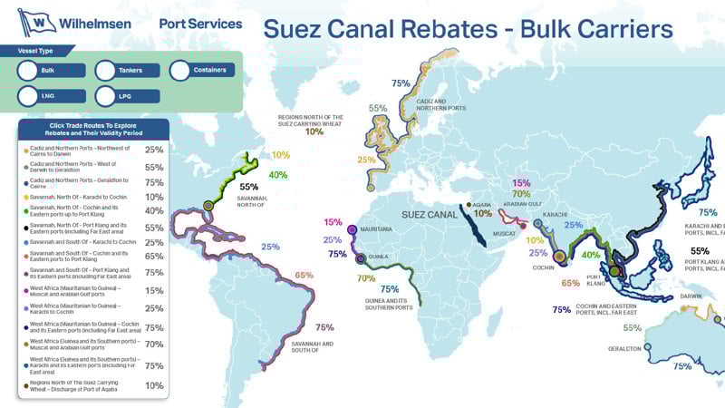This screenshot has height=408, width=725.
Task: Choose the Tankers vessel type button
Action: (128, 70)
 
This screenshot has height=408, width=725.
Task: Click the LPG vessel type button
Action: (128, 95)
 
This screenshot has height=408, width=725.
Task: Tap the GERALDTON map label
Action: (624, 348)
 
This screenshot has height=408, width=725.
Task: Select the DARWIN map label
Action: (691, 296)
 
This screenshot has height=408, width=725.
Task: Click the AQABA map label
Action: (483, 206)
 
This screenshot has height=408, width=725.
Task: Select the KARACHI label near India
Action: (555, 216)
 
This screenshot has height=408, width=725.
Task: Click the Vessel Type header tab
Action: (36, 53)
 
